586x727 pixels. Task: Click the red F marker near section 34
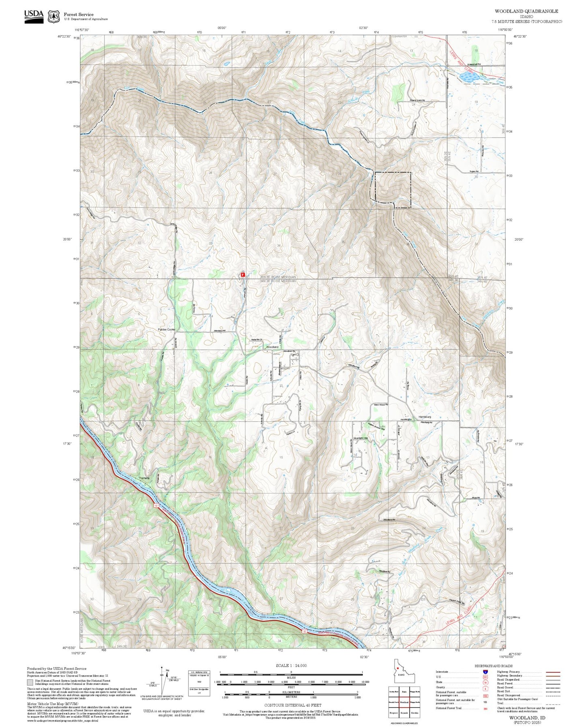[243, 275]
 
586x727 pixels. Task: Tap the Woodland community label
[272, 347]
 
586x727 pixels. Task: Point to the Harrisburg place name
[425, 417]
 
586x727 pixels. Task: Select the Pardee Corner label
[166, 329]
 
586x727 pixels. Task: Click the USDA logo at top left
[34, 16]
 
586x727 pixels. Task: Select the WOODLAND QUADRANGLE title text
[526, 11]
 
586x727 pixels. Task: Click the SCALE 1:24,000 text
[291, 665]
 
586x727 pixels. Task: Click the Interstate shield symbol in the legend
[485, 671]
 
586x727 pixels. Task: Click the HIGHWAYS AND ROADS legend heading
[493, 666]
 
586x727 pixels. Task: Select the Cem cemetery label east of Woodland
[294, 355]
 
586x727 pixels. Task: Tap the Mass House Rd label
[381, 404]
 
